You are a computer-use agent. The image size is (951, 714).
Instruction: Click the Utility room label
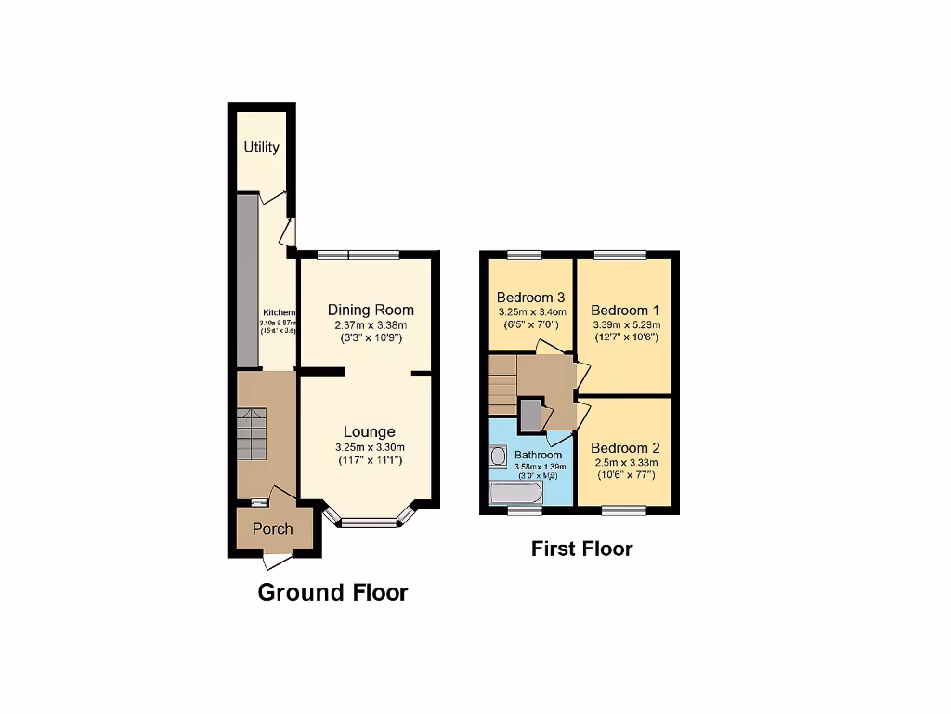coord(261,147)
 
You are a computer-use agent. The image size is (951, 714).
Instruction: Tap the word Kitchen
coord(279,312)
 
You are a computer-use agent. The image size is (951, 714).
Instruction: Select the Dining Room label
coord(371,310)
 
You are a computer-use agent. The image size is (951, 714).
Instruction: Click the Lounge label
coord(369,431)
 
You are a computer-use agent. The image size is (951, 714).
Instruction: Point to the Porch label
coord(273,529)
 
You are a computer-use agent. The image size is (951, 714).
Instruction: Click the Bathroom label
coord(539,455)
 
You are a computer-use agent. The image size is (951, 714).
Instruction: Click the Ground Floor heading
coord(332,592)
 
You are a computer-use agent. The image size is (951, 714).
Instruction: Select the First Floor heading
coord(581,549)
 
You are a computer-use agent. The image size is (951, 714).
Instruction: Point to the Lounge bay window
coord(369,522)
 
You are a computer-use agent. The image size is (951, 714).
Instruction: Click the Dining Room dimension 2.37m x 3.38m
coord(371,325)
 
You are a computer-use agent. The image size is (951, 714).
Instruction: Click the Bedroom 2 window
coord(623,509)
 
